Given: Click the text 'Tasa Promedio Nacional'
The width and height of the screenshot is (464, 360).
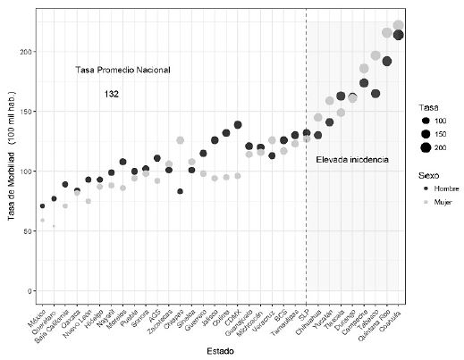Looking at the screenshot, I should point(122,71).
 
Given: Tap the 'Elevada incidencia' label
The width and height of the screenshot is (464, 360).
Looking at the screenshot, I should point(352,159).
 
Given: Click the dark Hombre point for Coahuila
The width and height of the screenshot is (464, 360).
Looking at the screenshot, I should point(399,35).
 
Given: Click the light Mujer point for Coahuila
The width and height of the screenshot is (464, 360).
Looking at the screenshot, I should point(399,26).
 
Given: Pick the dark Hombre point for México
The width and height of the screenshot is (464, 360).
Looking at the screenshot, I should point(42,206).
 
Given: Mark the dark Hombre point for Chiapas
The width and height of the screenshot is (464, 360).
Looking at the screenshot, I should point(180,191).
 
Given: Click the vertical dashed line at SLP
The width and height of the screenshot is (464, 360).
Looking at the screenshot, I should point(306,179).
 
